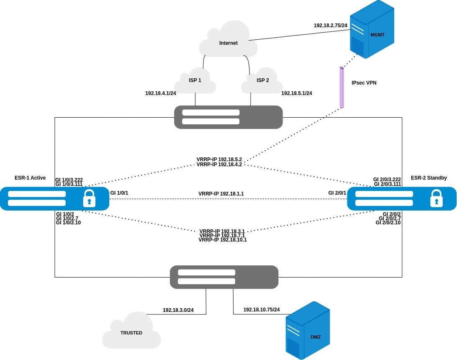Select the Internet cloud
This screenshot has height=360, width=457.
coord(228,42)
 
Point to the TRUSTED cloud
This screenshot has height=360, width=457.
coord(131,332)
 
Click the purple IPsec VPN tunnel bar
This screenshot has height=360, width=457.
coord(341,87)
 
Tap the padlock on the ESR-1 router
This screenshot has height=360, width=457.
coord(89,198)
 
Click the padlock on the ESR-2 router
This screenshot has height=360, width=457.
coord(436,198)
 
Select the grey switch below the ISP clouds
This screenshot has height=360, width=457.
coord(228,117)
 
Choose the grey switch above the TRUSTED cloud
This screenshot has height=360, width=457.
coord(224,277)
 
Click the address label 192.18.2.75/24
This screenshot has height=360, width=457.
coord(331,26)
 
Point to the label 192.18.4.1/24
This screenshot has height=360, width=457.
coord(161,93)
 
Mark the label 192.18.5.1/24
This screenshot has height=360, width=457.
coord(297,93)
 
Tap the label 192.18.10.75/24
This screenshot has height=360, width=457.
coord(262,310)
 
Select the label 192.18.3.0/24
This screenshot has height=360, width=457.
coord(178,310)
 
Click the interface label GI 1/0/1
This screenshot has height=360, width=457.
coord(119,193)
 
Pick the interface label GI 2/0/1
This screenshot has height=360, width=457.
coord(337,193)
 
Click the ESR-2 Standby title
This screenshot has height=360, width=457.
coord(429,177)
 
